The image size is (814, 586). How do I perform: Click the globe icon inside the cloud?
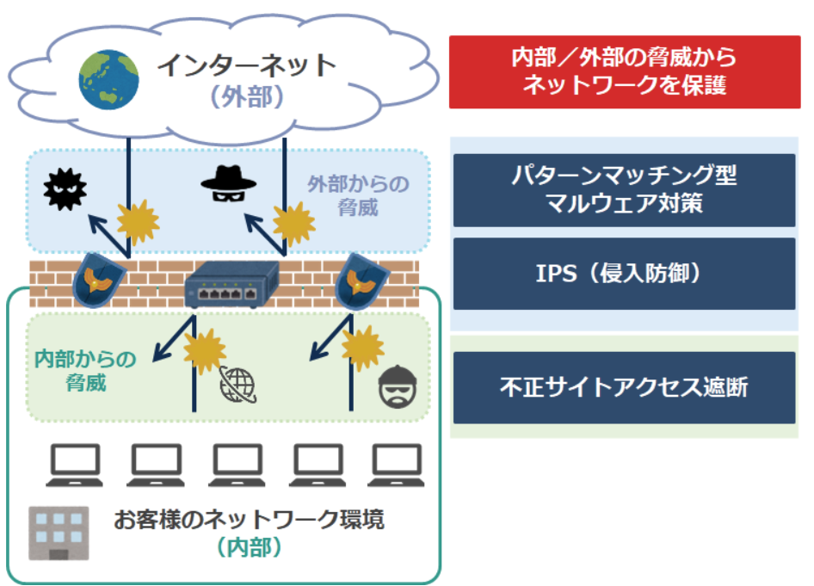pos(108,79)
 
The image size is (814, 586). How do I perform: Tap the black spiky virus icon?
pos(65,189)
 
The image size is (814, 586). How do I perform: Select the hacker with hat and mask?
pos(228,183)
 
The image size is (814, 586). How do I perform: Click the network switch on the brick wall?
pos(231,284)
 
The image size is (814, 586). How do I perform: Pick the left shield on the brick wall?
pos(97,281)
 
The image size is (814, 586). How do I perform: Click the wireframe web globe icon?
pos(237,385)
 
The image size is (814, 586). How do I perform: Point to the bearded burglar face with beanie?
pos(398,386)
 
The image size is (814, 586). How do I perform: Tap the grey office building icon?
pos(59,533)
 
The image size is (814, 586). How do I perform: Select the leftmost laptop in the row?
pos(74,465)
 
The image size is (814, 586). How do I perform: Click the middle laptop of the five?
pos(237,465)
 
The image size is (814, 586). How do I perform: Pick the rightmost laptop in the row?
pos(396,465)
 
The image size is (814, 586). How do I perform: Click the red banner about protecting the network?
pos(625,72)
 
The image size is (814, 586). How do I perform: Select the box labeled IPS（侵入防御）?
pos(624,274)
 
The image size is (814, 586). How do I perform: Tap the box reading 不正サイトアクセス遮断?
pos(624,387)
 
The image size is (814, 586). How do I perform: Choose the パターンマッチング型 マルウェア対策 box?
pos(624,190)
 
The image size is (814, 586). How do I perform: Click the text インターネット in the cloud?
pos(247,66)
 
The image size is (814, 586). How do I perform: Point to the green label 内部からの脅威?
pos(86,371)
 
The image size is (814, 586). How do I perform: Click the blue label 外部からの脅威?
pos(358,195)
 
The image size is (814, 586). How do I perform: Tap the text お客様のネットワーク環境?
pos(250,519)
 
